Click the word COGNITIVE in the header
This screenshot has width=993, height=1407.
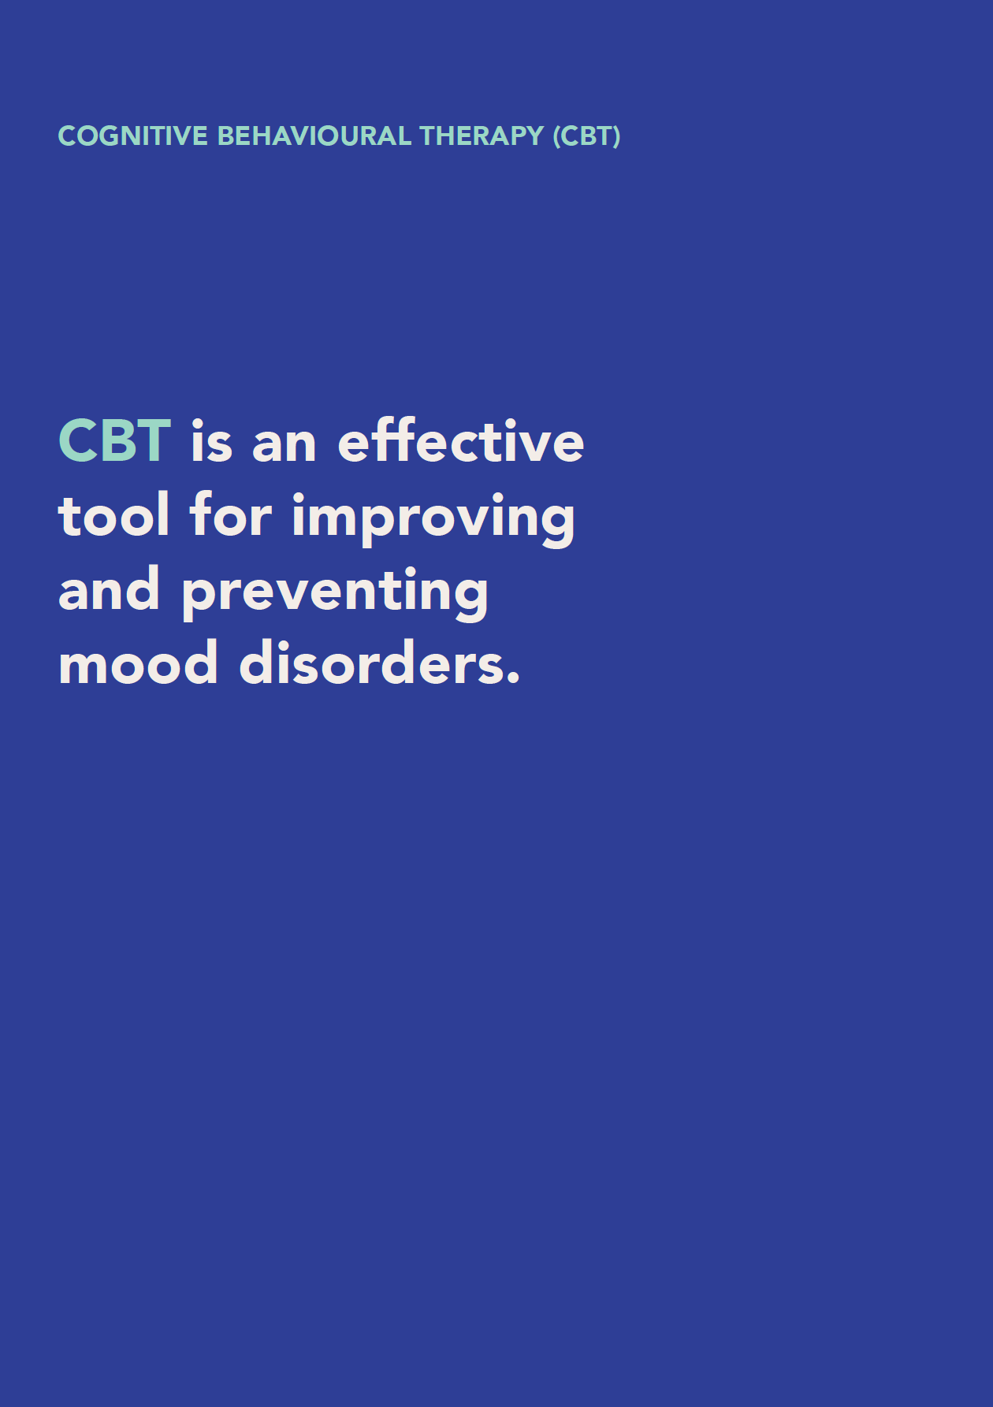coord(133,136)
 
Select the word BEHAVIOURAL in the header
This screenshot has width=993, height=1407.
coord(314,136)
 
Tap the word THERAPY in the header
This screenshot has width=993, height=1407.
coord(482,136)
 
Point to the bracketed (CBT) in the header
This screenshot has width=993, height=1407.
coord(586,136)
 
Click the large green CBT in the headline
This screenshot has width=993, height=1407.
coord(115,440)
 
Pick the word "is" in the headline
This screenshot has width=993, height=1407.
coord(212,442)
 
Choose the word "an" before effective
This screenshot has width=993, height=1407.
coord(285,447)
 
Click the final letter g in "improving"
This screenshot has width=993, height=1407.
coord(559,525)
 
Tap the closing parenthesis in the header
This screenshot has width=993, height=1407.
coord(616,136)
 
